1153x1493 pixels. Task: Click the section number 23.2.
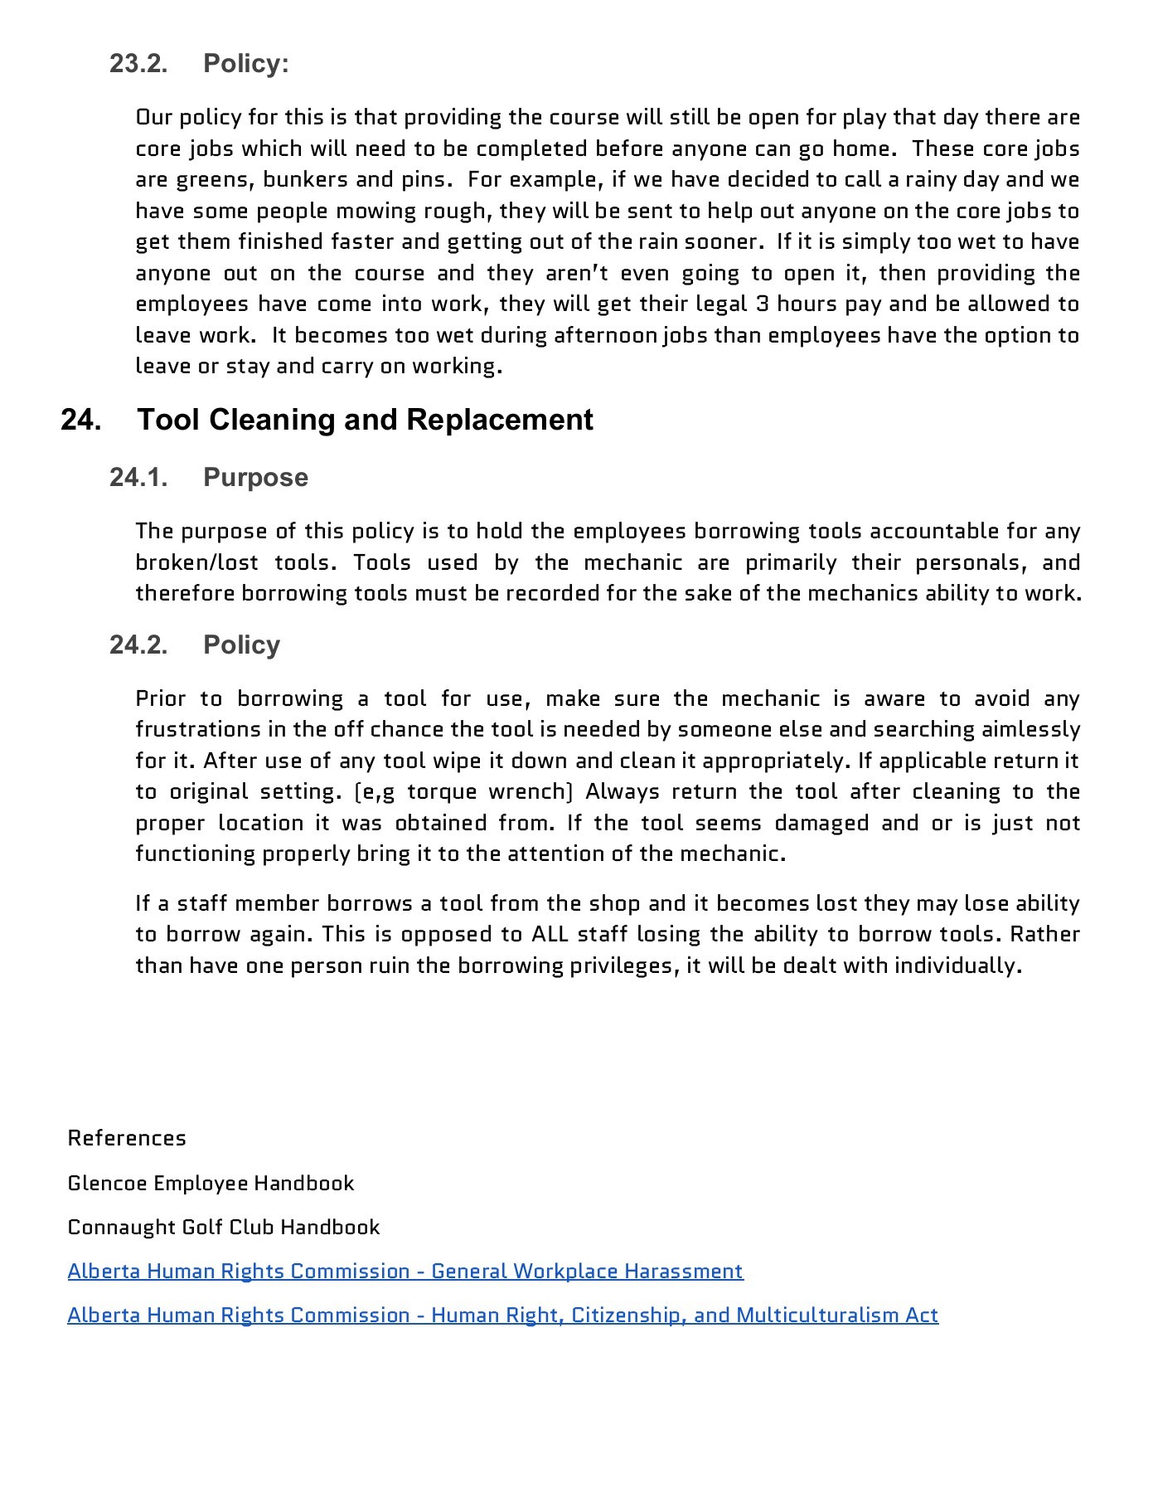click(x=138, y=64)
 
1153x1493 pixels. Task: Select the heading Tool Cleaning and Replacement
click(x=365, y=420)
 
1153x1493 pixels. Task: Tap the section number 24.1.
click(x=138, y=478)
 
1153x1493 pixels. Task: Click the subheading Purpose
click(x=255, y=478)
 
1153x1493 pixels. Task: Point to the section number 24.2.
click(x=138, y=645)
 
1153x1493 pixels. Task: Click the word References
click(x=127, y=1138)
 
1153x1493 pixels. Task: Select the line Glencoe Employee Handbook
click(x=211, y=1183)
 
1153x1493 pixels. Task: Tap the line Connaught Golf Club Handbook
click(x=224, y=1227)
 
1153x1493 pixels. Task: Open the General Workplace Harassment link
click(x=405, y=1271)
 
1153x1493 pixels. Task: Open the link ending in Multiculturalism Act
click(x=502, y=1315)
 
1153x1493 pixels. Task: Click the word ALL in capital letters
click(x=550, y=935)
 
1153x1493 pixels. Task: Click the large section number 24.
click(x=81, y=420)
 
